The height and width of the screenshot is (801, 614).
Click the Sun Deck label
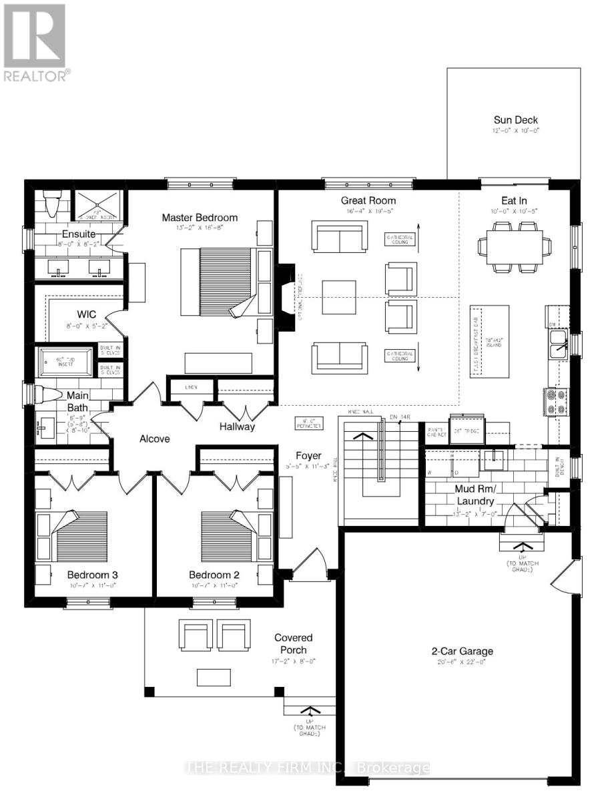point(516,120)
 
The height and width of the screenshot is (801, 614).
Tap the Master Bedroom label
point(200,218)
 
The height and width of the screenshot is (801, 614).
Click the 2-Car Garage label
point(461,651)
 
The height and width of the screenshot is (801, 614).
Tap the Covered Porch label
point(293,643)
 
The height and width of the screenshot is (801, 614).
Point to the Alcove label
point(154,439)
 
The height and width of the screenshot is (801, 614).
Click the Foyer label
point(309,456)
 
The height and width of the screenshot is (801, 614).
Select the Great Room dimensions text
point(368,211)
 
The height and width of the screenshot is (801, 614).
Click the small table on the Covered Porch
point(213,677)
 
